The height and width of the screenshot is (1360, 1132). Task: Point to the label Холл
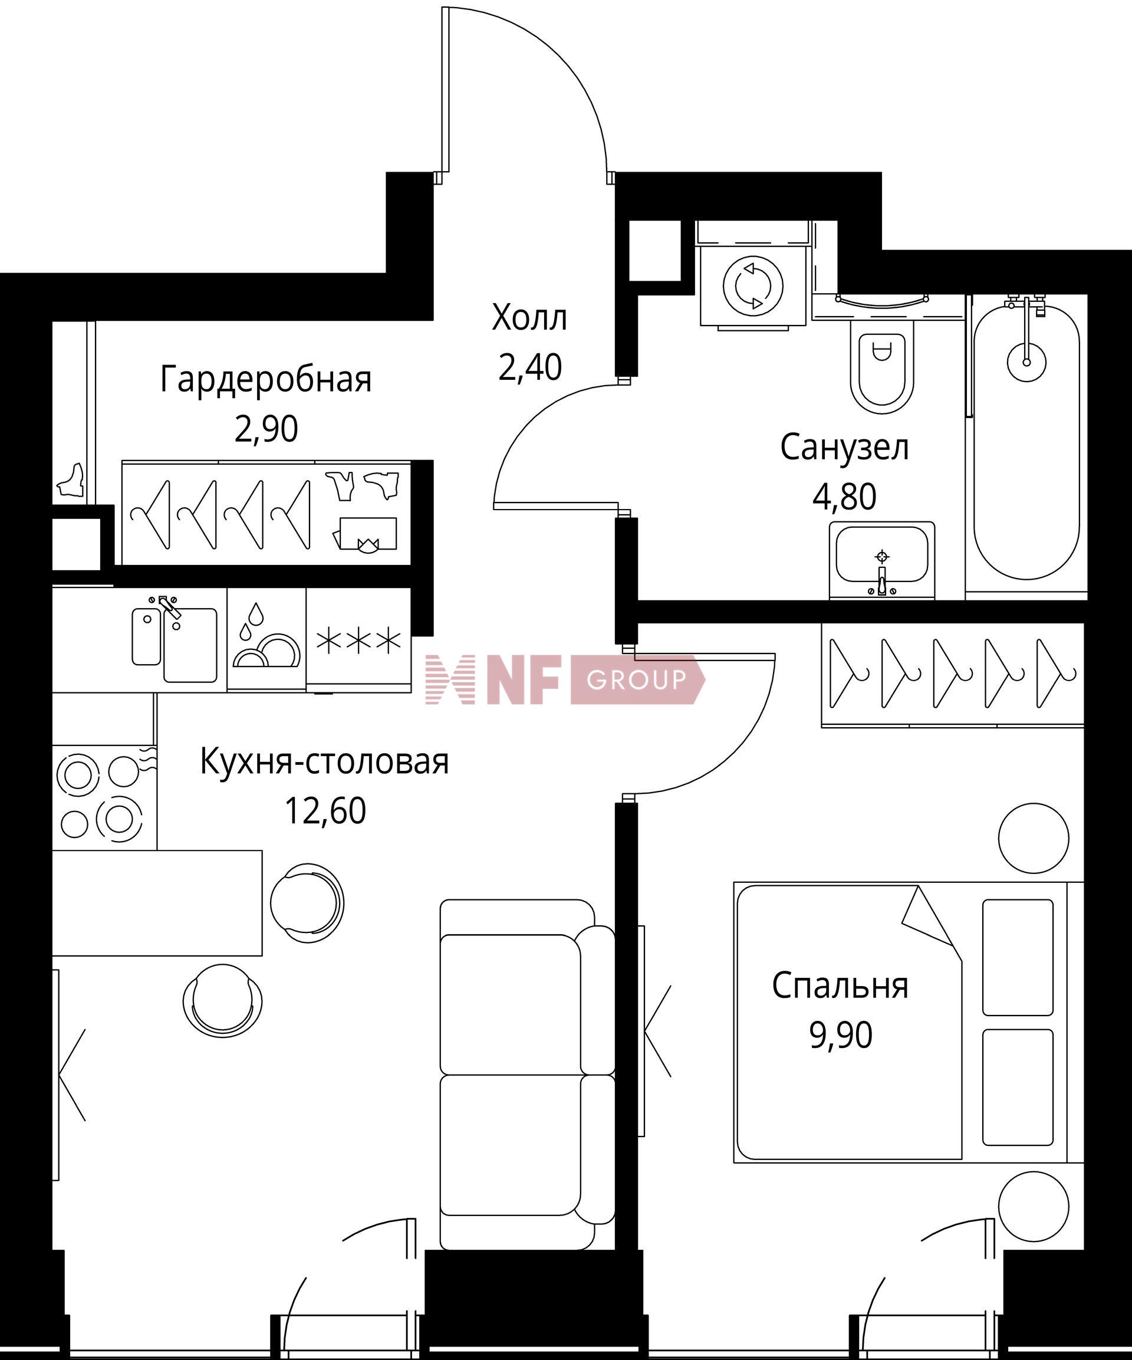tap(529, 318)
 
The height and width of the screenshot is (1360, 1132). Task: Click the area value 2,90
tap(266, 429)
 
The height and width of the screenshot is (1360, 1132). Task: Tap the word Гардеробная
tap(266, 379)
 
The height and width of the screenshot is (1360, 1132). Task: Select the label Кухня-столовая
tap(324, 761)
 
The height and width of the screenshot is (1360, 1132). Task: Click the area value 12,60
tap(325, 810)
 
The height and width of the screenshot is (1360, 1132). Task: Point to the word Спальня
tap(840, 985)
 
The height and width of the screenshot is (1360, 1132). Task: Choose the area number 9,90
tap(841, 1035)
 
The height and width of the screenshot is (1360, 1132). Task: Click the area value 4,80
tap(844, 497)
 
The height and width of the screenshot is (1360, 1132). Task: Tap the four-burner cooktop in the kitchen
tap(104, 797)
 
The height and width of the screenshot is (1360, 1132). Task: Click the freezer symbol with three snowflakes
tap(358, 640)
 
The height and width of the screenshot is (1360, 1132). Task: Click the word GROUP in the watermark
tap(636, 679)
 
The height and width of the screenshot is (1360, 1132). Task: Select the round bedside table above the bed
tap(1033, 838)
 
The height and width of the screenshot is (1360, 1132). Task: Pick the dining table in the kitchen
tap(157, 903)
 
